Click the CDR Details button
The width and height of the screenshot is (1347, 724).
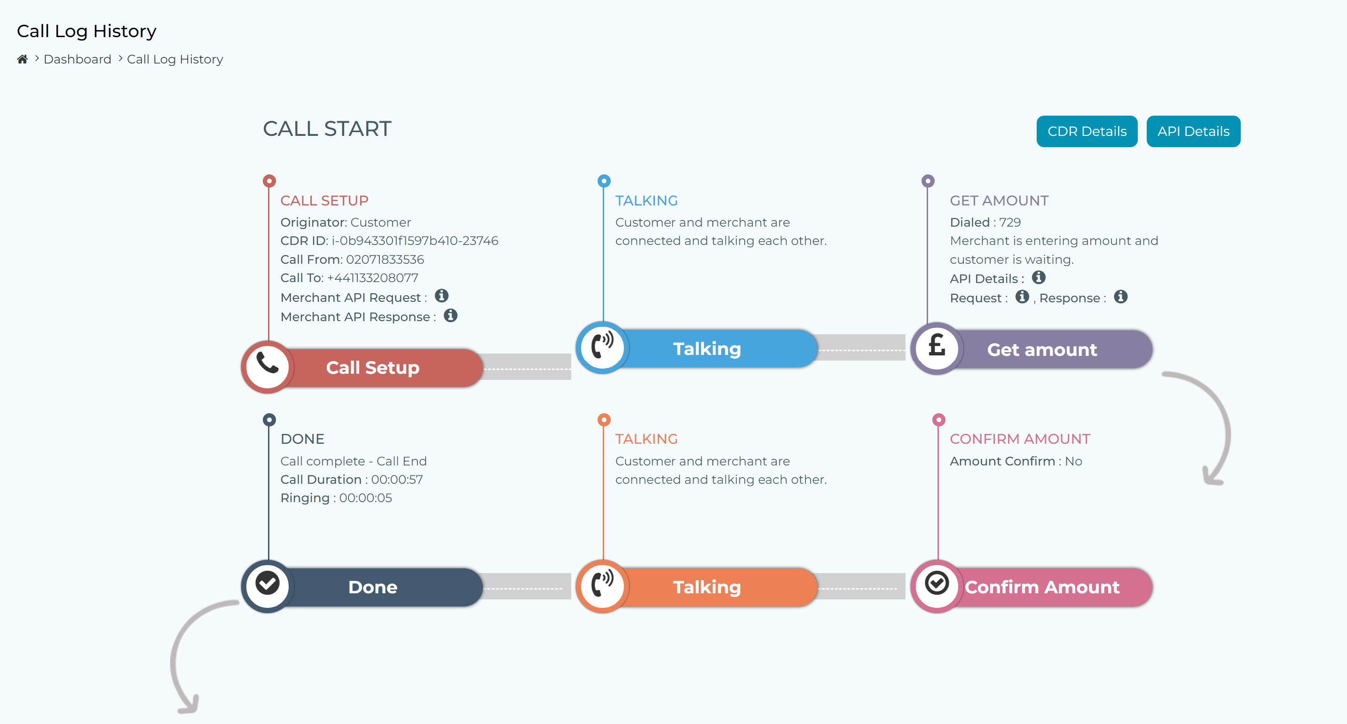1087,131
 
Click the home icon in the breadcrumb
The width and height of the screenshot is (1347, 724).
22,59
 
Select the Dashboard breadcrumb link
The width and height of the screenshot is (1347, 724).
78,59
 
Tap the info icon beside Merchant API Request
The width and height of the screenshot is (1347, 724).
442,296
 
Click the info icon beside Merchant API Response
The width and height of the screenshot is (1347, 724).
451,316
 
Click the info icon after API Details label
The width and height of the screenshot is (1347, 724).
1039,277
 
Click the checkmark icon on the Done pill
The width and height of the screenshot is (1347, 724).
267,583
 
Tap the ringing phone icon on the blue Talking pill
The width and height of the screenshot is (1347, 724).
602,345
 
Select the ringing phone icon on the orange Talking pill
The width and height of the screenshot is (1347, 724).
602,583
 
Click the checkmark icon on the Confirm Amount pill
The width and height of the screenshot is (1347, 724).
937,583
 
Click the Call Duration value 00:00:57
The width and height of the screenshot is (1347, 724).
397,480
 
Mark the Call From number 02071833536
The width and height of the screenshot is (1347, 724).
385,260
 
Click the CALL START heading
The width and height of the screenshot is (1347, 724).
327,129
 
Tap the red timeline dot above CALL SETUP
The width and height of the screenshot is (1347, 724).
269,181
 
